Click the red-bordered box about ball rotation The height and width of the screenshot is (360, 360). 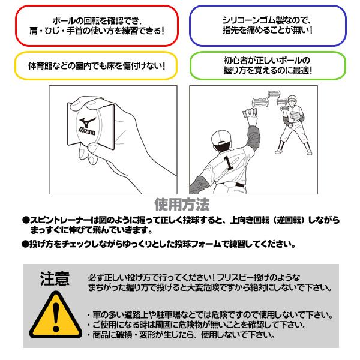[97, 25]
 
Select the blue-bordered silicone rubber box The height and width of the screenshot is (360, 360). [267, 25]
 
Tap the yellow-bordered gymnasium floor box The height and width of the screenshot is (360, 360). [97, 65]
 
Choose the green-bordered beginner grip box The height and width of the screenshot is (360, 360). [267, 65]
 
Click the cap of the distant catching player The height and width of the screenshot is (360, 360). [292, 98]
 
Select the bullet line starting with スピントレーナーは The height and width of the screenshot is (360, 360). [180, 224]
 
